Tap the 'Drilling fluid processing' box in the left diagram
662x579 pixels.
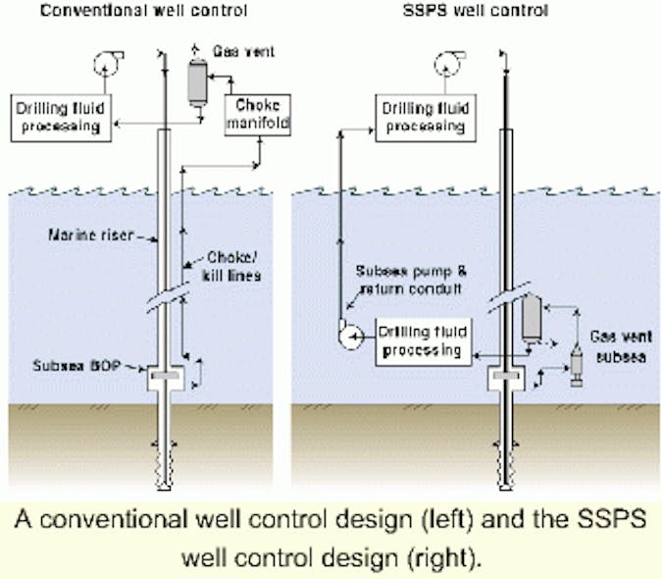point(61,116)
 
